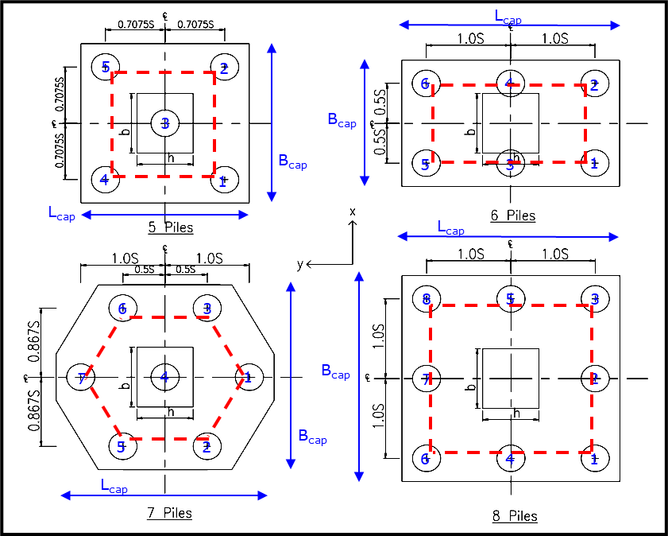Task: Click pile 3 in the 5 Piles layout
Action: coord(165,122)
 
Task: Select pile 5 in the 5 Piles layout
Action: coord(105,68)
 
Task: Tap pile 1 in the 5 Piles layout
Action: coord(224,180)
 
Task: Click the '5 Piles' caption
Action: coord(170,227)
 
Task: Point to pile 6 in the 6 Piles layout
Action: coord(425,84)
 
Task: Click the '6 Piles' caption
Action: coord(512,216)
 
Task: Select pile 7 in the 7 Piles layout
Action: coord(81,378)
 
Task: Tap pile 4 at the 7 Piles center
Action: coord(164,376)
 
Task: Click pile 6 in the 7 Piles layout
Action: coord(122,308)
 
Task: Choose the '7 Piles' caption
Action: coord(169,513)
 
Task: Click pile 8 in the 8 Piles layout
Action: coord(427,299)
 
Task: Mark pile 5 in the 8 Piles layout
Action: coord(511,299)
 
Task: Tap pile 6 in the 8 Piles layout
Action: coord(427,458)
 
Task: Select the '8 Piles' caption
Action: coord(514,516)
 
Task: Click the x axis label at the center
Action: coord(353,212)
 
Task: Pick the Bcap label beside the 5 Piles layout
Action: coord(292,161)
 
